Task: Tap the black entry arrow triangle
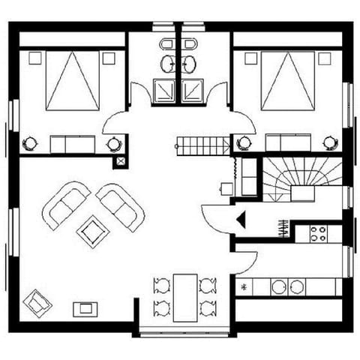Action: click(241, 219)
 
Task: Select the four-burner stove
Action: click(318, 233)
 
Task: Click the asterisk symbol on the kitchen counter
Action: click(243, 286)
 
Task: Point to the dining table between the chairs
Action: click(184, 296)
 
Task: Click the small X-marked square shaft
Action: click(119, 160)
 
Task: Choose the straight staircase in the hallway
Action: click(203, 144)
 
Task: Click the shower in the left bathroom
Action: click(163, 90)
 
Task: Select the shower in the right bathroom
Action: click(194, 90)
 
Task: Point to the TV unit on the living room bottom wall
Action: click(84, 308)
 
